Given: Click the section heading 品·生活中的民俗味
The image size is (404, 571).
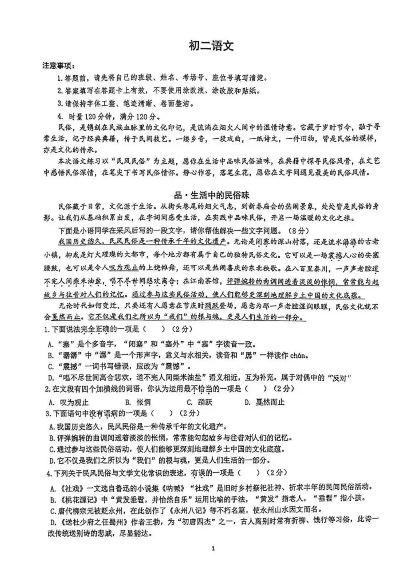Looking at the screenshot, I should [211, 195].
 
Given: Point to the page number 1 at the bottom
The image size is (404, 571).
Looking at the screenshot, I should [213, 549].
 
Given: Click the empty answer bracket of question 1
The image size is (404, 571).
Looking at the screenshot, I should [154, 329].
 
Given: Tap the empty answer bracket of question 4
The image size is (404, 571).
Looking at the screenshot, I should [249, 473].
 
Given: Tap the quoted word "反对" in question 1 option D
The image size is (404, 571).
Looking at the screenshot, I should [340, 378].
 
